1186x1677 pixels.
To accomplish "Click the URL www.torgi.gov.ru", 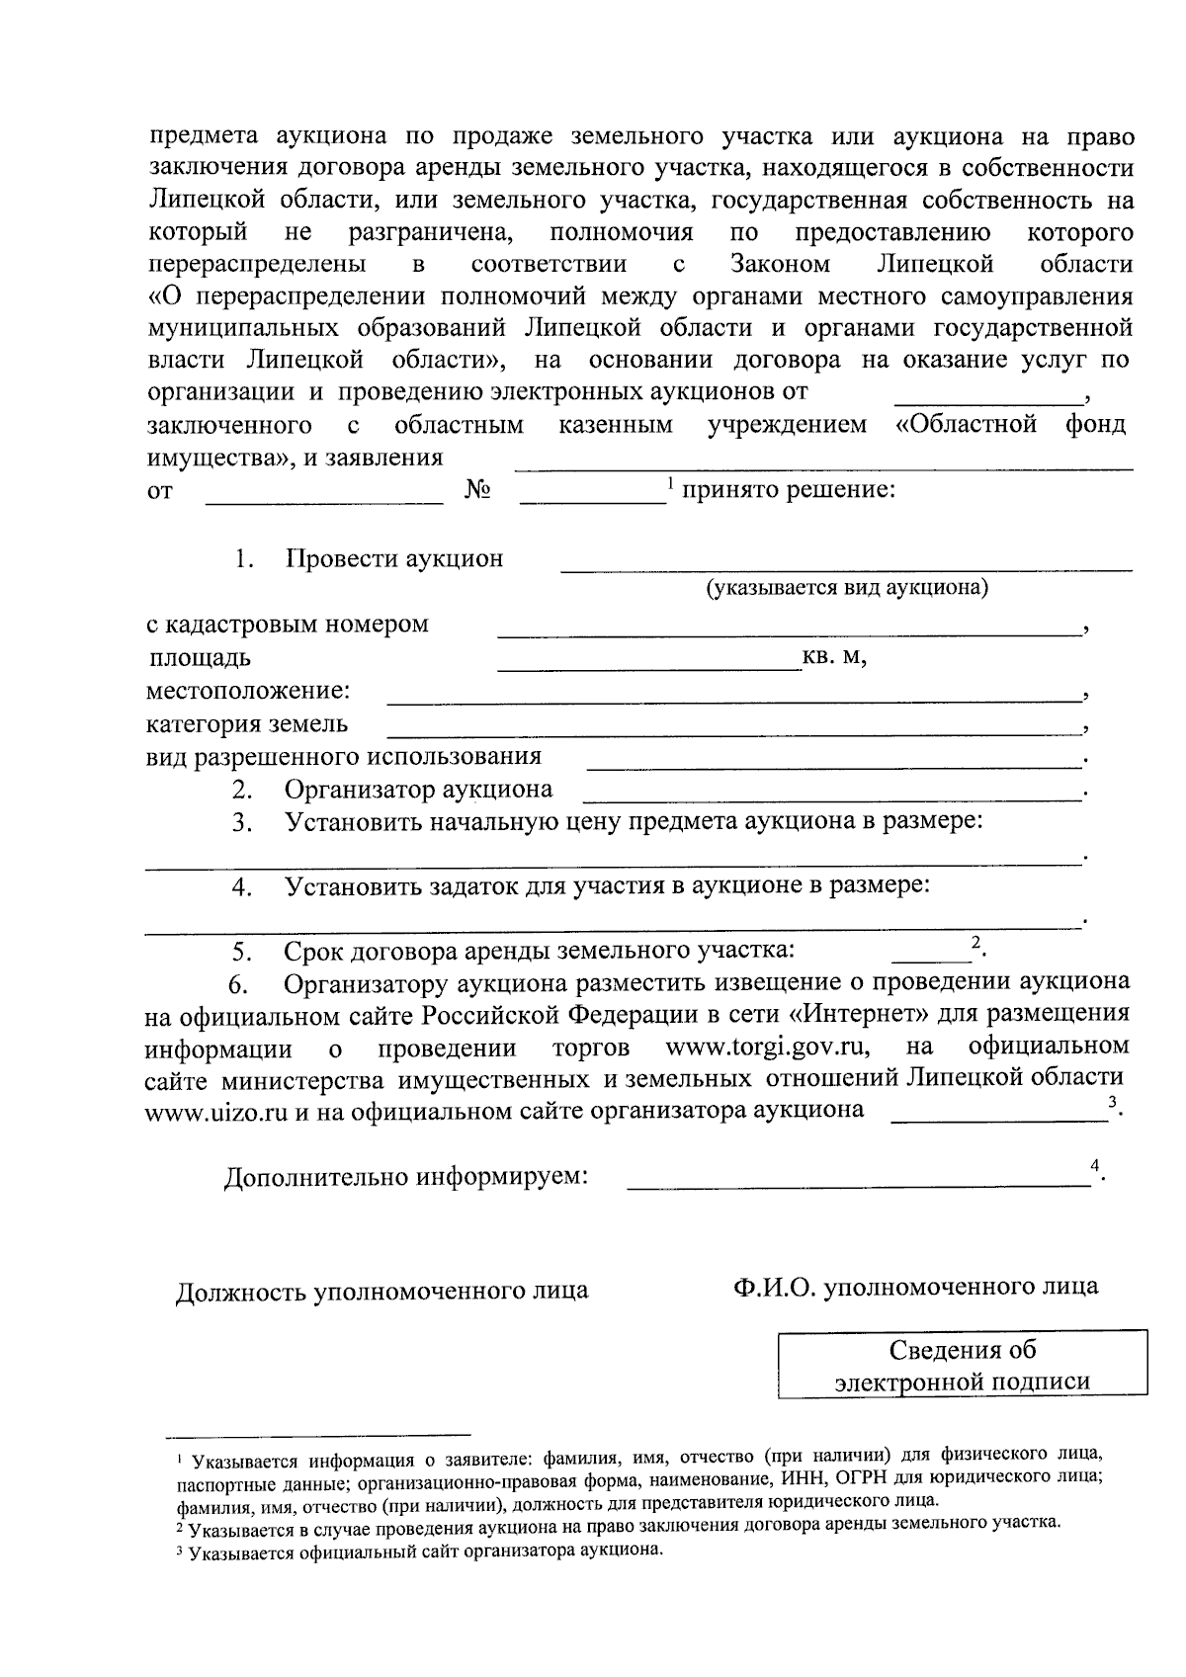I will point(768,1047).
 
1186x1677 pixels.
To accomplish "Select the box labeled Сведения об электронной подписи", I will point(963,1365).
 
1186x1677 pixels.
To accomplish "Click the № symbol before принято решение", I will point(477,491).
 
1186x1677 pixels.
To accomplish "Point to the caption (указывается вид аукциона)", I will point(847,588).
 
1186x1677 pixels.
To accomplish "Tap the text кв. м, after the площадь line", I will point(835,658).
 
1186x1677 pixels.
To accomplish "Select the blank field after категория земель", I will point(731,731).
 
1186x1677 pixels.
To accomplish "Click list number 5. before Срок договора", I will point(243,953).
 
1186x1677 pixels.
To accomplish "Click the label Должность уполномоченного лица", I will point(381,1291).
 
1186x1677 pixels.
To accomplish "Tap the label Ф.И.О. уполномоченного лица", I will point(915,1287).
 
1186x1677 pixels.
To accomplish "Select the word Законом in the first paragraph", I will point(780,264).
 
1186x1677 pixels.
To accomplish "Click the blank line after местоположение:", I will point(731,698).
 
